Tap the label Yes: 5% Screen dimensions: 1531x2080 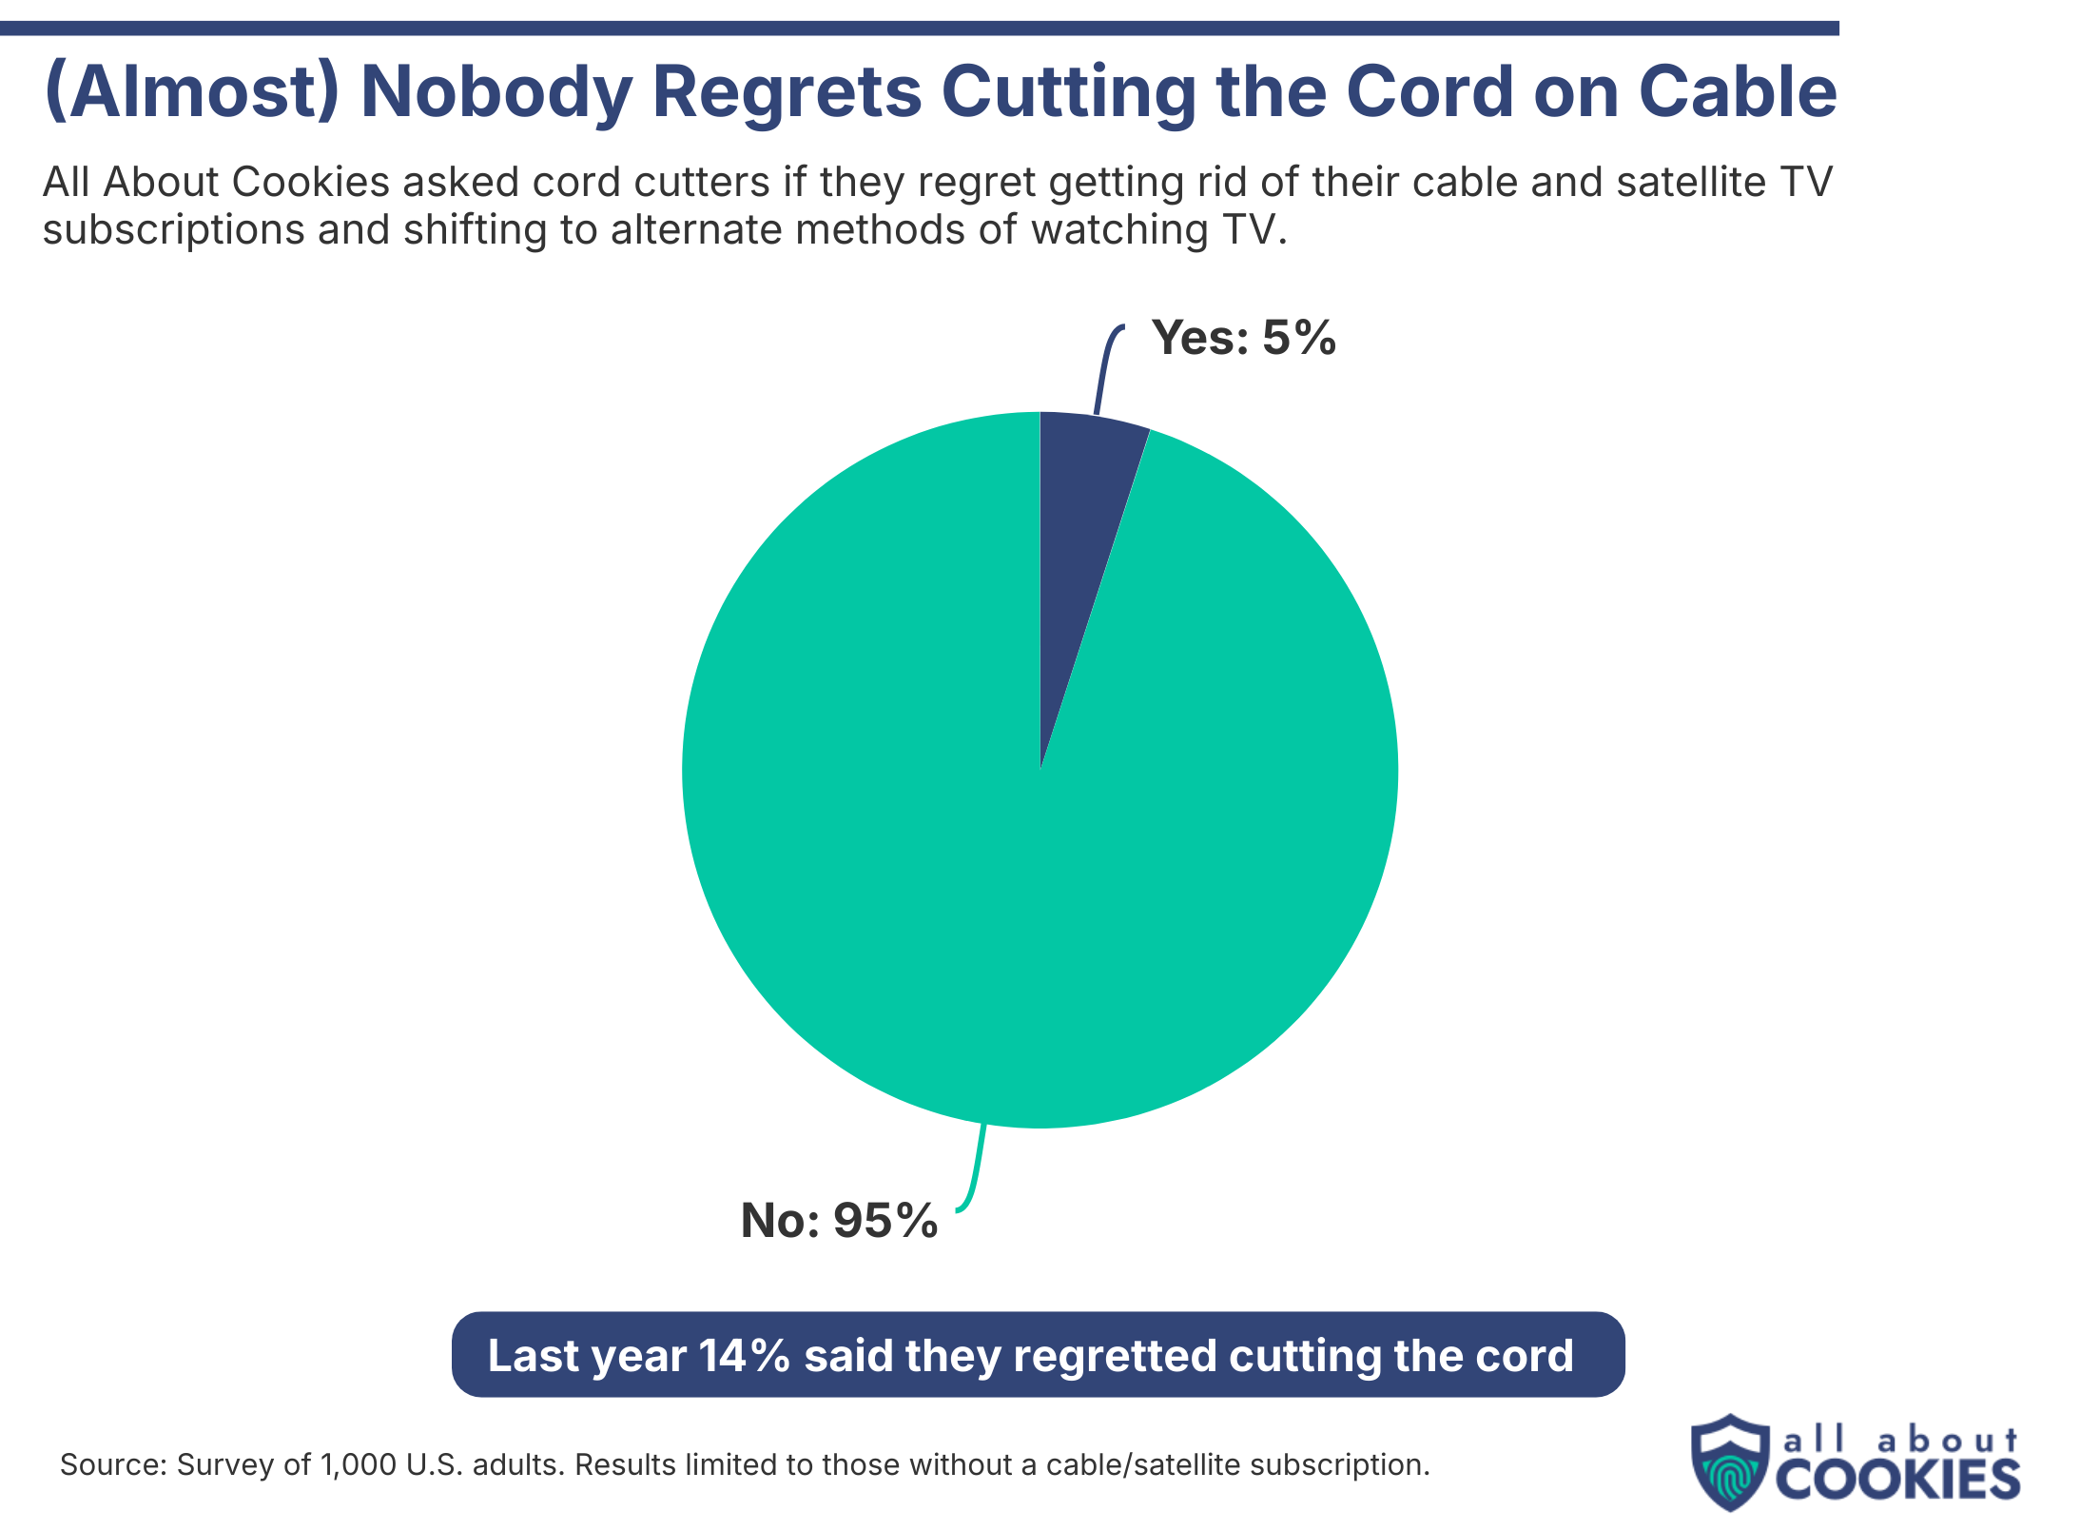1243,338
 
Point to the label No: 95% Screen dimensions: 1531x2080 839,1221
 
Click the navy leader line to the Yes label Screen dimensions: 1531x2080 1103,371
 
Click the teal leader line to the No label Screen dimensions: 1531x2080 976,1170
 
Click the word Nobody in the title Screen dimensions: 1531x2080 496,92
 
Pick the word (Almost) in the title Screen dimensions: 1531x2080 191,92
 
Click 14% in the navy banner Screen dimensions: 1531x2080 744,1356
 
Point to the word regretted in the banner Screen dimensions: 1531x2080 1114,1356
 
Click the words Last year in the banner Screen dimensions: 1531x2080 586,1356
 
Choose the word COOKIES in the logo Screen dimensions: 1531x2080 1896,1480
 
